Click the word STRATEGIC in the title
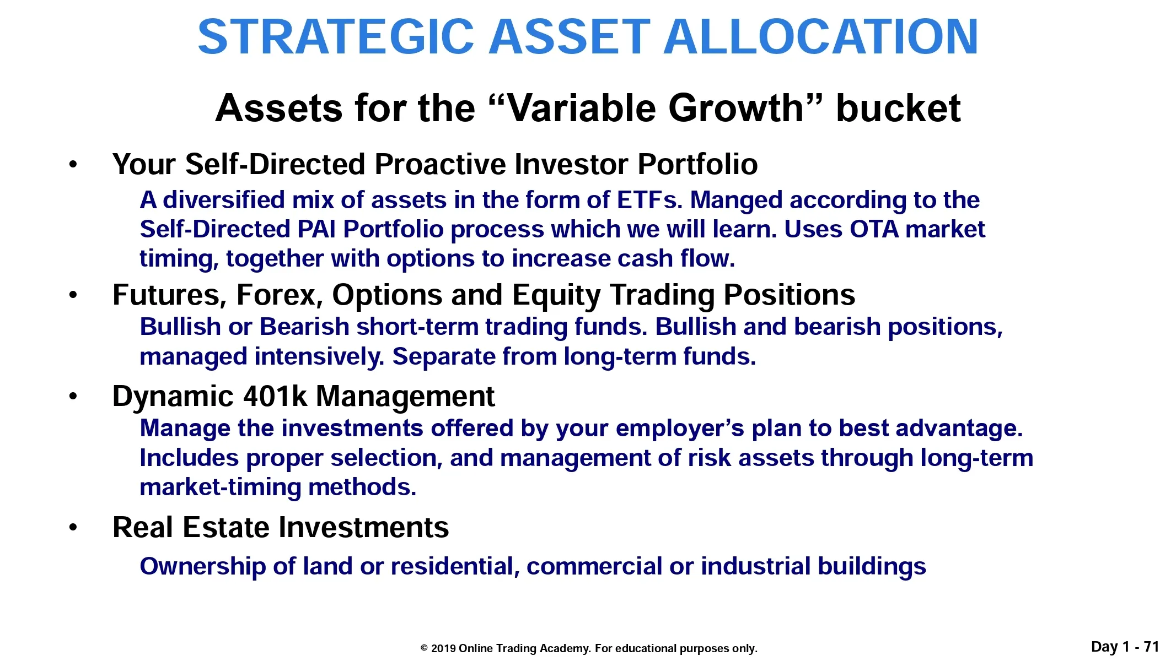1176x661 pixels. pos(336,37)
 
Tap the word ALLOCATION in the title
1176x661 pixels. pos(821,37)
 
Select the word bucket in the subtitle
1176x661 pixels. pos(898,108)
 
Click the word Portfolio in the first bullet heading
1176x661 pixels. pos(697,164)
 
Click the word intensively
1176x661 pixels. pos(319,357)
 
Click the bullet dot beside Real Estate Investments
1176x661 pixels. pos(73,528)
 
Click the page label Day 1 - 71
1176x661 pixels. pos(1125,647)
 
